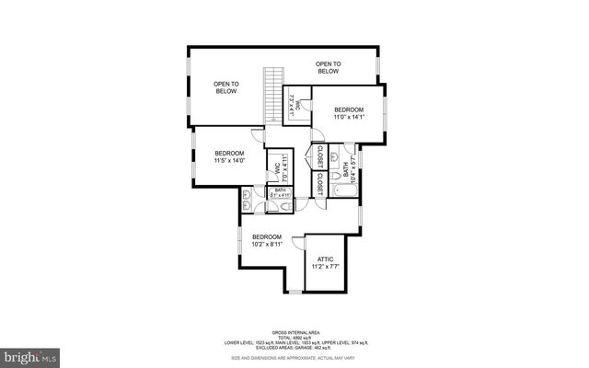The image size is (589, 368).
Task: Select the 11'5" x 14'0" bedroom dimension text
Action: (x=229, y=161)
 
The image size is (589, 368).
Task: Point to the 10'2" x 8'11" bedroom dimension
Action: (x=267, y=245)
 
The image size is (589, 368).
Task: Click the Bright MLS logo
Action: (x=30, y=355)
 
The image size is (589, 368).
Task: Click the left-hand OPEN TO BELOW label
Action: (x=225, y=88)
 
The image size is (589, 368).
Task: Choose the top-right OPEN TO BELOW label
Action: (x=329, y=67)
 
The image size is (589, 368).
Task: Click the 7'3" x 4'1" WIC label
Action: (x=293, y=104)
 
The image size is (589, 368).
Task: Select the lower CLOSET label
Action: (x=319, y=184)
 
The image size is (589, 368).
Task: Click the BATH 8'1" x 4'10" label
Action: (x=280, y=193)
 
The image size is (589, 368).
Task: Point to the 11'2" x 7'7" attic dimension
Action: (x=325, y=269)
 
